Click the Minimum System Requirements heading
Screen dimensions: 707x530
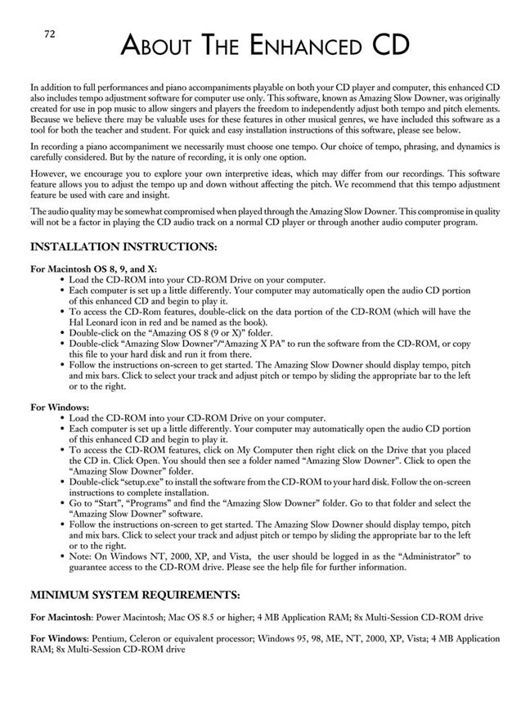point(134,594)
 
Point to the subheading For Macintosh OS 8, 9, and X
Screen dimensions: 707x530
point(94,268)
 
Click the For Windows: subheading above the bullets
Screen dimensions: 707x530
point(61,406)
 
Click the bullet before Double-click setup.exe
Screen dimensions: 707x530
point(63,481)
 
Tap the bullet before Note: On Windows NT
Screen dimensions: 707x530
point(63,556)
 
